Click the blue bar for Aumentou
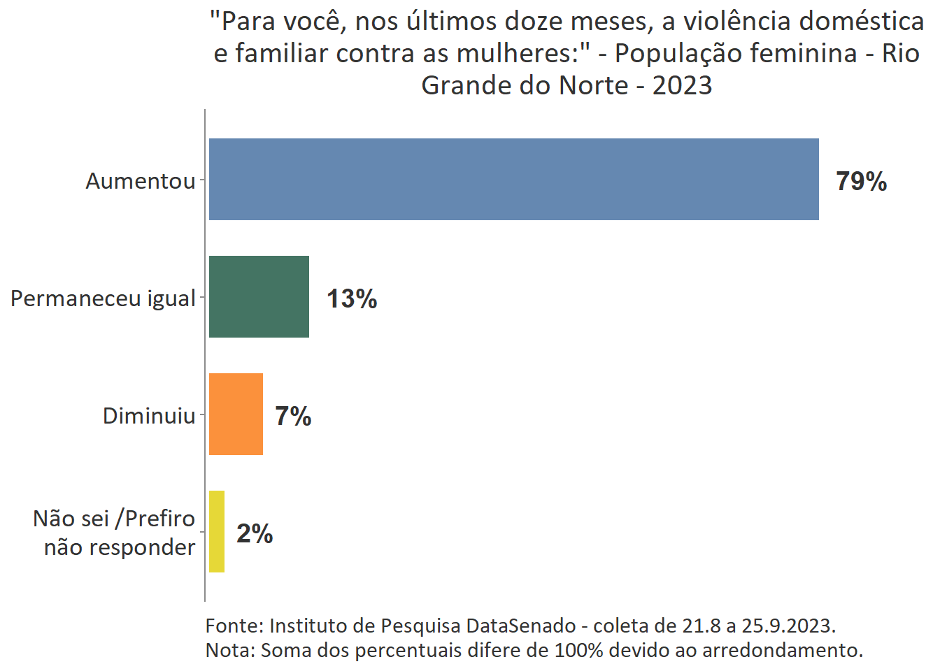click(x=513, y=179)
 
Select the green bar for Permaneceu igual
click(x=259, y=296)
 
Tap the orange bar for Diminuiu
click(x=236, y=414)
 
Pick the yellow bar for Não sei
click(x=217, y=531)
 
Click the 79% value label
click(x=861, y=182)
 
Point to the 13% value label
click(x=352, y=299)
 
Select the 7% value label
click(x=293, y=417)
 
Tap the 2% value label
click(x=255, y=534)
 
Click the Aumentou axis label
click(x=141, y=181)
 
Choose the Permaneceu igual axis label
click(x=103, y=298)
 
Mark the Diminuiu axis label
click(x=149, y=416)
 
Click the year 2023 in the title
click(x=682, y=85)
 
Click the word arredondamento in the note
click(x=782, y=650)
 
